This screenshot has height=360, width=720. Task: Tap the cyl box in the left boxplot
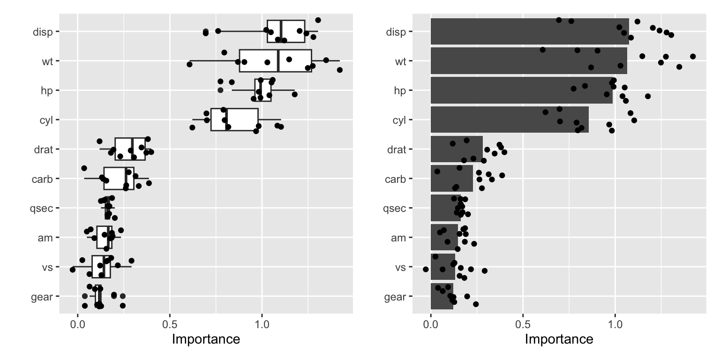pos(234,120)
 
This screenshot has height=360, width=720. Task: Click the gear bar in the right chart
pos(442,296)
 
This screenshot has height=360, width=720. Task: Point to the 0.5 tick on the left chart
pos(170,323)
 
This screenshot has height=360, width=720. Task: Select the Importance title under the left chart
pos(206,339)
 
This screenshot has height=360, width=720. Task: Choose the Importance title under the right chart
pos(559,339)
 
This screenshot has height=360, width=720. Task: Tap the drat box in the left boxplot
pos(130,149)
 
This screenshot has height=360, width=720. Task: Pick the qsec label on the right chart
pos(394,208)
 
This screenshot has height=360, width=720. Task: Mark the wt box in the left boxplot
pos(275,61)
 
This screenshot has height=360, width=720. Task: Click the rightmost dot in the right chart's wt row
pos(693,56)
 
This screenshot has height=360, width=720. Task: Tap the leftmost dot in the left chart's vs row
pos(72,270)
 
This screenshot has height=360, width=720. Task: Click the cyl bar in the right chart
pos(509,120)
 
